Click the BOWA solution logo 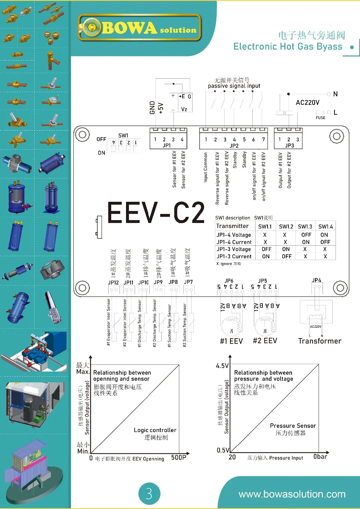coord(139,27)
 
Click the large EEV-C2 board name coord(156,213)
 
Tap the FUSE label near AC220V coord(320,118)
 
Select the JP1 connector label coord(167,146)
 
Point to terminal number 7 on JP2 coord(264,140)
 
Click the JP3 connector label coord(289,146)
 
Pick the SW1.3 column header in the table coord(305,227)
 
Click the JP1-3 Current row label coord(234,256)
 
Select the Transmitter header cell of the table coord(233,226)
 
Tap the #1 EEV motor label coord(231,341)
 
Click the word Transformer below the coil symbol coord(320,341)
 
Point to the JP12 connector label coord(113,283)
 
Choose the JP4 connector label coord(316,280)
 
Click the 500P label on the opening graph coord(179,458)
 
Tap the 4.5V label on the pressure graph coord(222,366)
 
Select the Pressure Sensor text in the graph coord(293,426)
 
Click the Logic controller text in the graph coord(155,430)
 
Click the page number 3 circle coord(149,494)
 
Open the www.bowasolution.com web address coord(292,494)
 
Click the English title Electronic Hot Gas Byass coord(288,46)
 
